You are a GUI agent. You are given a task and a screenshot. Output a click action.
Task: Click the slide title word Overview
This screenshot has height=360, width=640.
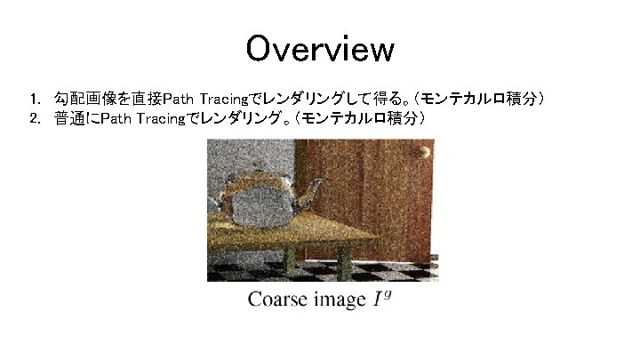319,49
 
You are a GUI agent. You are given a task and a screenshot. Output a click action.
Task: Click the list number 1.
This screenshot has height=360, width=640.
33,97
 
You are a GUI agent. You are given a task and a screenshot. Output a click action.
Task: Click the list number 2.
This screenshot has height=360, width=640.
33,118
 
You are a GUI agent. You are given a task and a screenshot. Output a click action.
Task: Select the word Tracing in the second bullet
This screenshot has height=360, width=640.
161,118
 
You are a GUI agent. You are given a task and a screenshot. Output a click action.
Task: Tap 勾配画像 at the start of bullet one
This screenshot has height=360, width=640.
83,97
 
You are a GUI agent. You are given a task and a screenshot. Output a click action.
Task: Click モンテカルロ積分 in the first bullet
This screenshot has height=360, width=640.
485,97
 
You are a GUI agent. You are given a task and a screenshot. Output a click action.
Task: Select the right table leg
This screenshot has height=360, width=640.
344,260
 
